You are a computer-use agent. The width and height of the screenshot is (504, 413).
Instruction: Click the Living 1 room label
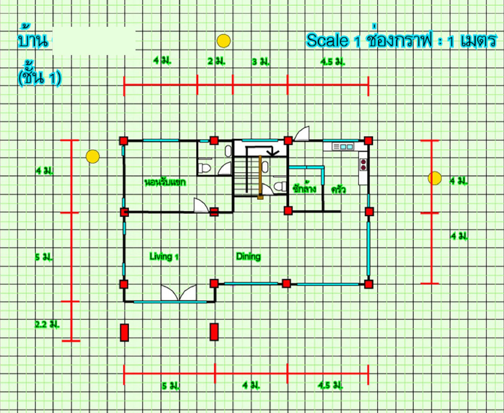(x=164, y=256)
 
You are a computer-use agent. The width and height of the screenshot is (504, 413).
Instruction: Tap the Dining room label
(x=248, y=256)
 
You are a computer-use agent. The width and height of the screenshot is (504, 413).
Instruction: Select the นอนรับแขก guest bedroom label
(x=165, y=182)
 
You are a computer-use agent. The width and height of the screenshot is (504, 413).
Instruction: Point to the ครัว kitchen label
(x=338, y=189)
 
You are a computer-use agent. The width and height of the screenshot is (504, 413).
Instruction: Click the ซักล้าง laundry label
(x=304, y=189)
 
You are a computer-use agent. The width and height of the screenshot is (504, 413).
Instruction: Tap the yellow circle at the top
(x=224, y=41)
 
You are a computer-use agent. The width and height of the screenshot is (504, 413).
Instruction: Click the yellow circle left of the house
(x=93, y=157)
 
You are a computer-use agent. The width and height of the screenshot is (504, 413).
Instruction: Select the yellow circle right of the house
(x=435, y=178)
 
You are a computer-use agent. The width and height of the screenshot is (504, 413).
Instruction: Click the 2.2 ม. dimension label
(x=47, y=324)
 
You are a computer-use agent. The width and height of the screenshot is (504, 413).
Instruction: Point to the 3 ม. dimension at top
(x=261, y=62)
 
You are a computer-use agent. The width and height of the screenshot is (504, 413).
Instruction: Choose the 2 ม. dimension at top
(x=216, y=61)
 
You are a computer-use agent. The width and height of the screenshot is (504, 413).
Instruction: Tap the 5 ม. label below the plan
(x=171, y=386)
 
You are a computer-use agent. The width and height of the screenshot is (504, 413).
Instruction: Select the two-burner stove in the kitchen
(x=363, y=164)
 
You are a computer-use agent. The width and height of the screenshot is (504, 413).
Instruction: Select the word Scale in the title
(x=327, y=41)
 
